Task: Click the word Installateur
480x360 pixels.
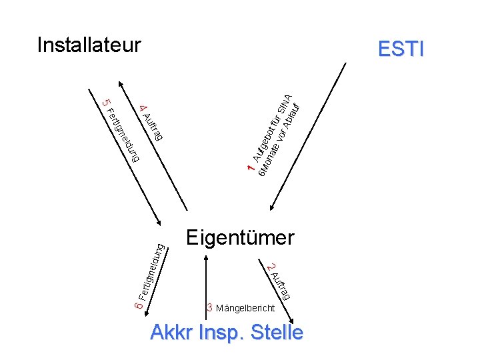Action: (x=89, y=45)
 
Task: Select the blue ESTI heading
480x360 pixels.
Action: (x=400, y=49)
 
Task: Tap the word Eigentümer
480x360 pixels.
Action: (x=240, y=237)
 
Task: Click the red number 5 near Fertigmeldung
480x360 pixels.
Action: (x=105, y=103)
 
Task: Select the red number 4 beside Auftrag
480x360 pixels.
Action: (x=143, y=108)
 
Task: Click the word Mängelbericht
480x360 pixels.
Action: (x=245, y=309)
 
